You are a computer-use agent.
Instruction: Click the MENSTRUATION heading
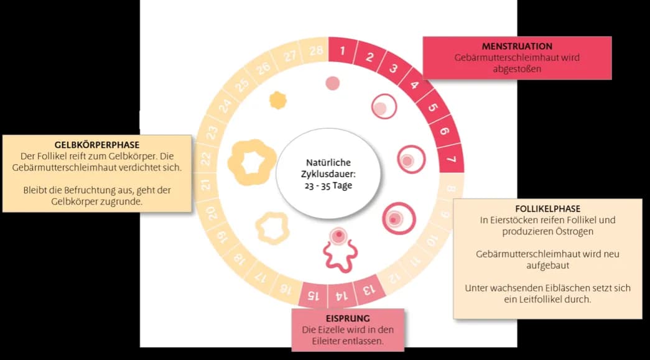pos(517,46)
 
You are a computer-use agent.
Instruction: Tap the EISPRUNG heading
pos(347,318)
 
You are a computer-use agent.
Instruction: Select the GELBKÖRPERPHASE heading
pos(96,145)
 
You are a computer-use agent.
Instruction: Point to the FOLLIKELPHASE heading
pos(548,209)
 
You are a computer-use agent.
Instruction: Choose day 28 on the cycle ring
pos(315,50)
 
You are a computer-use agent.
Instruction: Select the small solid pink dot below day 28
pos(333,83)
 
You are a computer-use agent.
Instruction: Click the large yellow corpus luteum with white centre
pos(253,161)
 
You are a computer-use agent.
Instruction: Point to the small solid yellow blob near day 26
pos(277,99)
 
